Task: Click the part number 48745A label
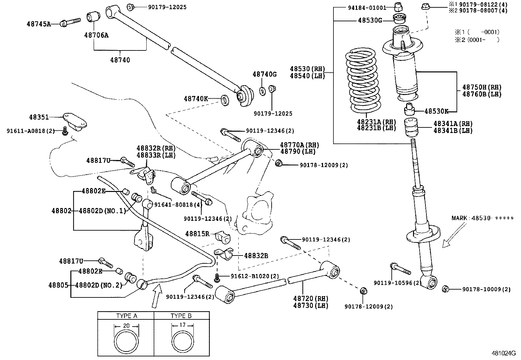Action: (x=39, y=24)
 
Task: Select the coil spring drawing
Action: (x=363, y=80)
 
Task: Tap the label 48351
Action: (x=39, y=117)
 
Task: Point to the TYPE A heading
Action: (x=127, y=316)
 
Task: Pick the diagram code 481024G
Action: (x=503, y=353)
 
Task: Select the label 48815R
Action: (x=197, y=234)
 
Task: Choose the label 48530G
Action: (x=370, y=20)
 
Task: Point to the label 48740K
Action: (x=196, y=98)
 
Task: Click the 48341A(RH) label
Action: (x=453, y=124)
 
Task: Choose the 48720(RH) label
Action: (x=311, y=299)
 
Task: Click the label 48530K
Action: (x=436, y=111)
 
